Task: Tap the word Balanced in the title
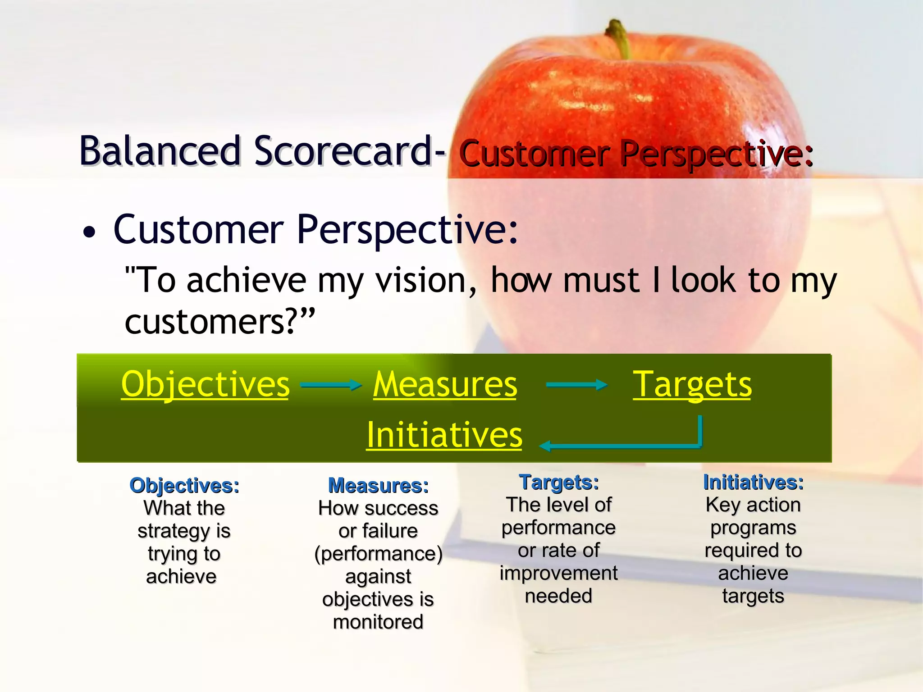160,151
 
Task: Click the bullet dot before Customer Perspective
90,233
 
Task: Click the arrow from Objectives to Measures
331,385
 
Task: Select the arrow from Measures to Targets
576,385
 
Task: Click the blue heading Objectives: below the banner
184,486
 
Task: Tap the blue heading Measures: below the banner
378,486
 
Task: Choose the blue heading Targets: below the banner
559,483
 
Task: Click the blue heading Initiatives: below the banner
753,483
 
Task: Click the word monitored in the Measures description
378,622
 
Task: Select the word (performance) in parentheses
378,554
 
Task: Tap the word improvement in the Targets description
559,574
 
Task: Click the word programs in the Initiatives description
753,528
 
